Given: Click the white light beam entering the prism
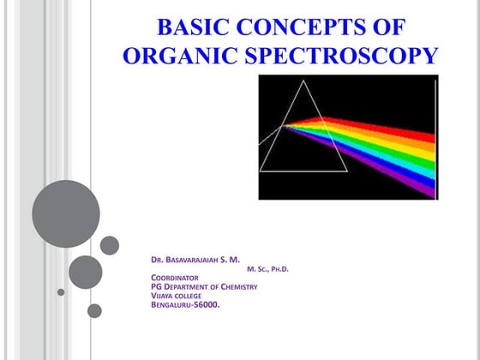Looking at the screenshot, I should tap(272, 135).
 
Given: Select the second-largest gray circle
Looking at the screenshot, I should tap(86, 273).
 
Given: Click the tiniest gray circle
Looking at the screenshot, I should tap(61, 292).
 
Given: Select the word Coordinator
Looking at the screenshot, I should tap(175, 278).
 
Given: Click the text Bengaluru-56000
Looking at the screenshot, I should tap(184, 305).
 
